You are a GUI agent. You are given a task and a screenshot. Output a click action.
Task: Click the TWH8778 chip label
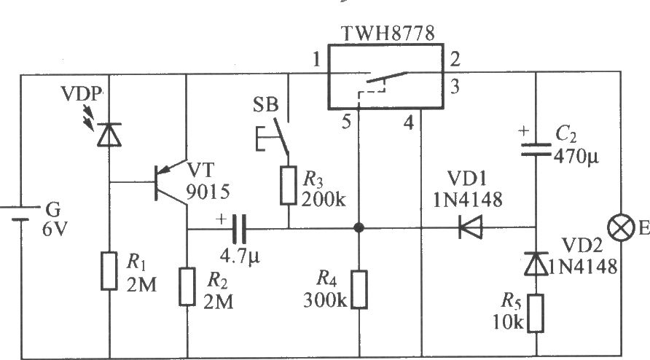(x=388, y=34)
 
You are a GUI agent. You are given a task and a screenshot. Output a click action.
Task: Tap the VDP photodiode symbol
(x=109, y=134)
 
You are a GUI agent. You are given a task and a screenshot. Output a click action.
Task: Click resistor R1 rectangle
(x=109, y=271)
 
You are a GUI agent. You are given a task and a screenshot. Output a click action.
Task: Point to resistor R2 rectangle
(x=187, y=286)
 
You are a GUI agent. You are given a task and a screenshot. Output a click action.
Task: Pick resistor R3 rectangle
(x=288, y=185)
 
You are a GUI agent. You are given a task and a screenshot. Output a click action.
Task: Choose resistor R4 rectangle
(x=359, y=289)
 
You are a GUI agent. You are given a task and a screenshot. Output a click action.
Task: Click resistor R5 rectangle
(x=536, y=313)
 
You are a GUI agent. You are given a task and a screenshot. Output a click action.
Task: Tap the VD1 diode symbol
(x=471, y=227)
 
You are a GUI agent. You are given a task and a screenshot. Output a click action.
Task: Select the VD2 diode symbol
(x=536, y=264)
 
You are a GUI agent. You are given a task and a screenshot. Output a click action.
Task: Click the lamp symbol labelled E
(x=621, y=227)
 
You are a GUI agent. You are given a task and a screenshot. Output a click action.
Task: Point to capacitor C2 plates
(x=536, y=149)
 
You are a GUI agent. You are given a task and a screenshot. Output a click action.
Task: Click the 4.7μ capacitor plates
(x=239, y=229)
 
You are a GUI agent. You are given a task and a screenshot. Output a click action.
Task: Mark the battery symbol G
(x=20, y=213)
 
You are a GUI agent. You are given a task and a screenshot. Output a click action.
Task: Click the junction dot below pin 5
(x=359, y=227)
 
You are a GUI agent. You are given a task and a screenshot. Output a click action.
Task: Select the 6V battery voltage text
(x=54, y=229)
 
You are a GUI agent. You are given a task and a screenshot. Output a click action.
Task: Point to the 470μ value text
(x=576, y=157)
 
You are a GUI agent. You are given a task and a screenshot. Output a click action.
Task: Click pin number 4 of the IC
(x=409, y=122)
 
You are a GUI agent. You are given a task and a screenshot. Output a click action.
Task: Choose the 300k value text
(x=325, y=300)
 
